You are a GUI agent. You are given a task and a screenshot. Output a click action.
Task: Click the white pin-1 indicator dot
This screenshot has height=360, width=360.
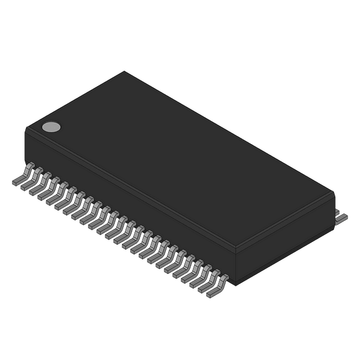tap(51, 127)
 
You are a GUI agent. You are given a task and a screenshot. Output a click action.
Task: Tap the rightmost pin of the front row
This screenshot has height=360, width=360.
tap(218, 285)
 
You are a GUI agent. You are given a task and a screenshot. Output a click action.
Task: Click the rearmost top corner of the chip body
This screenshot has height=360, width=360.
tap(124, 71)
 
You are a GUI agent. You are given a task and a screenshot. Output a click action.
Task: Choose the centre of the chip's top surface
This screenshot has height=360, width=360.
tap(180, 160)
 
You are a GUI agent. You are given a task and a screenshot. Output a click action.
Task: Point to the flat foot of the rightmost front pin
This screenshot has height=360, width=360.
tap(213, 292)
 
